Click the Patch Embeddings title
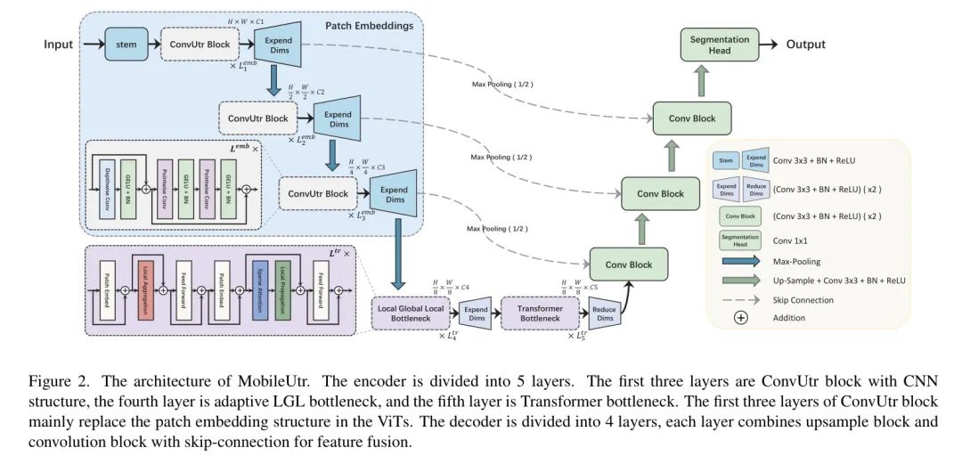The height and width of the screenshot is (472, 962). click(376, 26)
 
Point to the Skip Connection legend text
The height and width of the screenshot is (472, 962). click(803, 300)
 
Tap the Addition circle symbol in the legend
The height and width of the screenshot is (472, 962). click(739, 318)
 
